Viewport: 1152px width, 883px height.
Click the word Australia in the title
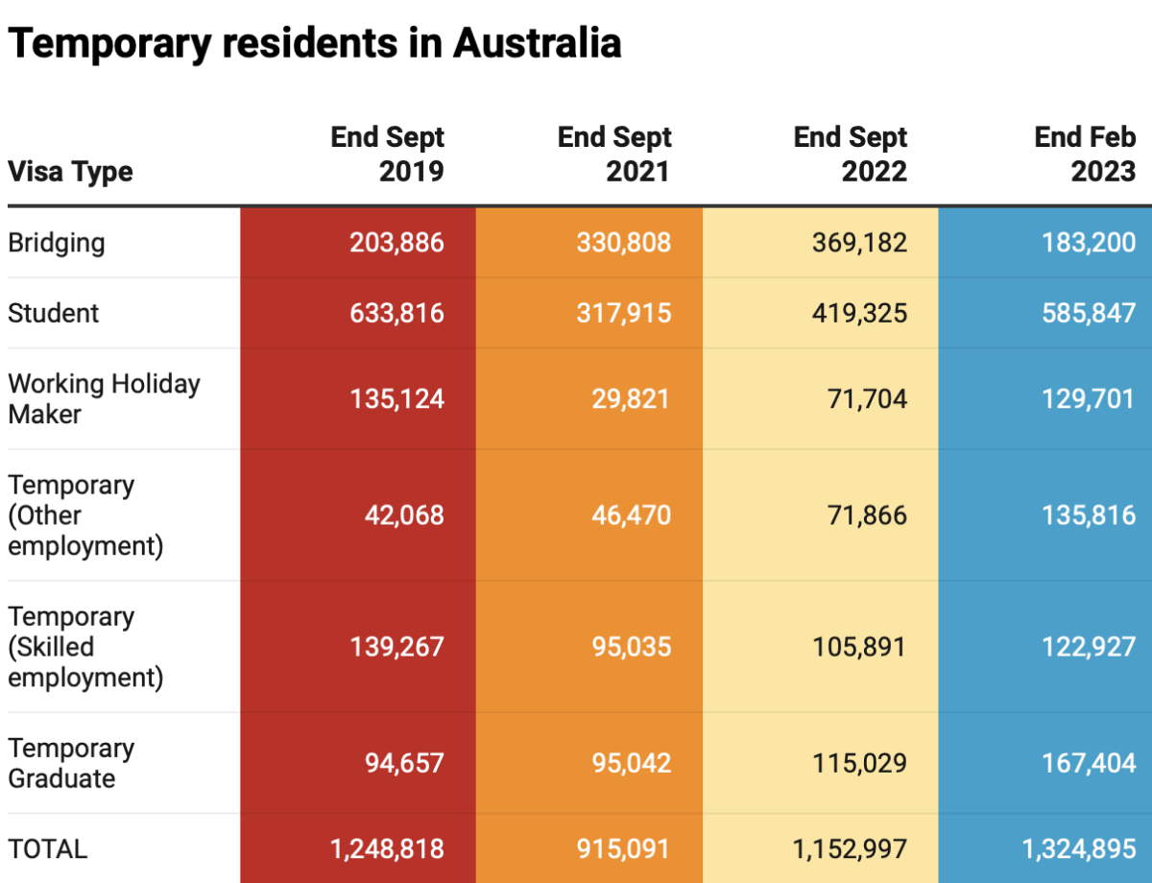(x=537, y=43)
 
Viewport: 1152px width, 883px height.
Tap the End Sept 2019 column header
(x=388, y=154)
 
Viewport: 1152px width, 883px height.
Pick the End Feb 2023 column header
(x=1085, y=154)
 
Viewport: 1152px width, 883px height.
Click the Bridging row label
(x=57, y=243)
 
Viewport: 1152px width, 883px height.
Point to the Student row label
(x=54, y=313)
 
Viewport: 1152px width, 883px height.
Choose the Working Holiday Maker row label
(x=104, y=398)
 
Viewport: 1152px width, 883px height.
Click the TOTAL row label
(x=48, y=848)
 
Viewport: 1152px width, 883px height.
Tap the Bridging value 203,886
(x=396, y=243)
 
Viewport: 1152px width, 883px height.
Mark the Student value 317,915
(x=623, y=313)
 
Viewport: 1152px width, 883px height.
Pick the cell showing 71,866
(x=867, y=514)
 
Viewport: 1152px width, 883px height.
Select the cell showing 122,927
(x=1089, y=646)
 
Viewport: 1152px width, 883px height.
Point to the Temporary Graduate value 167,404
(x=1089, y=763)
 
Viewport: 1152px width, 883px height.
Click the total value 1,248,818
(x=387, y=848)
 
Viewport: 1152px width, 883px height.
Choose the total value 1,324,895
(x=1079, y=848)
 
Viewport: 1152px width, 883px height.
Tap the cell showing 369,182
(x=858, y=243)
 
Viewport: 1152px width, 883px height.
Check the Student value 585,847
(x=1089, y=313)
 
